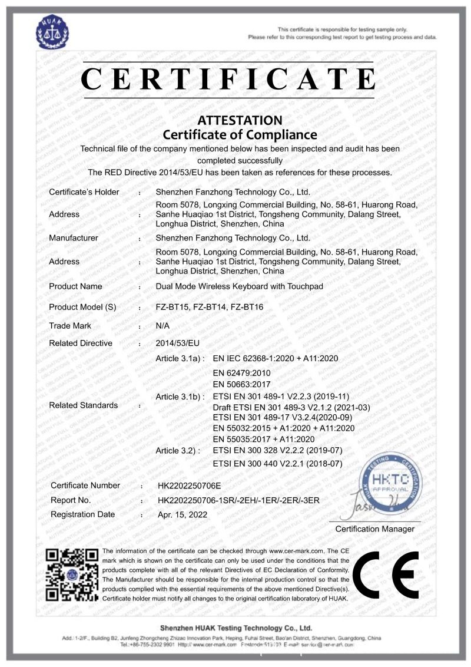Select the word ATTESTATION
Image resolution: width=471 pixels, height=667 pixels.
coord(240,120)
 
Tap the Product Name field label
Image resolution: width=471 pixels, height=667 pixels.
coord(75,286)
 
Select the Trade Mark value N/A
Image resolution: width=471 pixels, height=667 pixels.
coord(162,325)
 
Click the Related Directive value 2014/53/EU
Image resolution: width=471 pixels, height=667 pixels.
coord(175,343)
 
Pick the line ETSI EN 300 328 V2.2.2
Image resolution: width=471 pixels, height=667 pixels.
coord(277,451)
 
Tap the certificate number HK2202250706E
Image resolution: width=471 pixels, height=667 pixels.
coord(189,486)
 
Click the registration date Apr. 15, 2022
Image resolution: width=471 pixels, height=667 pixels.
coord(183,514)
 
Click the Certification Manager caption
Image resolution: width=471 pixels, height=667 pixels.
coord(374,529)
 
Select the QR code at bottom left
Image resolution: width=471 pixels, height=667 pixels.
coord(72,574)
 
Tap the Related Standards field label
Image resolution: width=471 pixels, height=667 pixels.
coord(83,405)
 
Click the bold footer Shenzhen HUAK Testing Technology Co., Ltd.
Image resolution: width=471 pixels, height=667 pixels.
coord(235,628)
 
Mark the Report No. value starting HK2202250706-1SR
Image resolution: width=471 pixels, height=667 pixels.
coord(238,500)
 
